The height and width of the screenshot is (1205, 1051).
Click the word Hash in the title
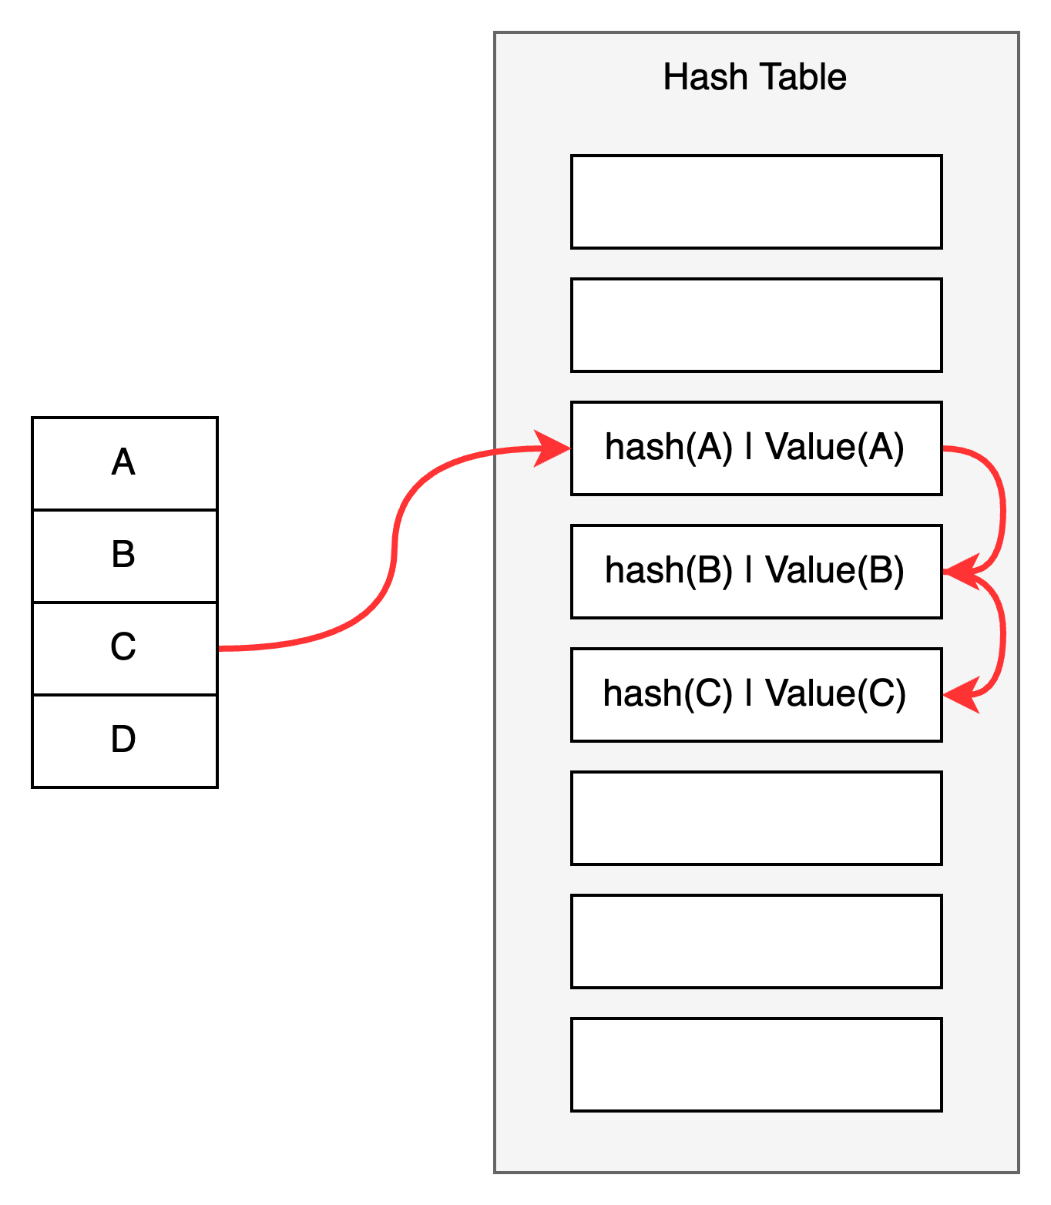tap(705, 77)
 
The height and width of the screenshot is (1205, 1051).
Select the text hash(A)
tap(668, 448)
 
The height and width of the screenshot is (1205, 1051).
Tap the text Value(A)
tap(834, 448)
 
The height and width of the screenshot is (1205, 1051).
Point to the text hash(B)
tap(668, 571)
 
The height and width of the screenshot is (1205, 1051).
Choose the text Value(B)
tap(834, 571)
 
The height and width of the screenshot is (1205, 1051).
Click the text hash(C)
tap(667, 694)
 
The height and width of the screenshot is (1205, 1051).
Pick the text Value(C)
tap(835, 694)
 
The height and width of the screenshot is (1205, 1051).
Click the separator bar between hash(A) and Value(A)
tap(748, 448)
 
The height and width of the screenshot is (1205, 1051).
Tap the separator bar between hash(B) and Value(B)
tap(748, 571)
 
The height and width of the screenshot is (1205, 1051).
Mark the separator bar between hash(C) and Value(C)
tap(748, 694)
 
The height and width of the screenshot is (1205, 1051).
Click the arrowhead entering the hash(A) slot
tap(553, 448)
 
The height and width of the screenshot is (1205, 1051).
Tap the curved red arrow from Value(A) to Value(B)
tap(1002, 509)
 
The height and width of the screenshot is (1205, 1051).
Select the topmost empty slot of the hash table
tap(756, 202)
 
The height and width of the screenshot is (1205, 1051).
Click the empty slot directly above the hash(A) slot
tap(756, 325)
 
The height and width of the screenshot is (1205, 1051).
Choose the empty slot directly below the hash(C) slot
tap(756, 818)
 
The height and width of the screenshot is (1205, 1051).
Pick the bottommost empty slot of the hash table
tap(756, 1065)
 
